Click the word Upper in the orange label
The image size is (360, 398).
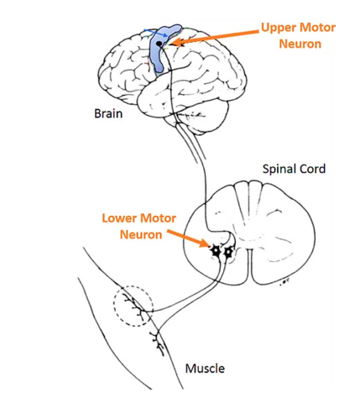click(x=279, y=29)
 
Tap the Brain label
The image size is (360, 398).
click(x=108, y=113)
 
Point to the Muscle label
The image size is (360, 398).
click(x=205, y=369)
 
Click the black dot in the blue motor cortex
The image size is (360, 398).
click(x=159, y=44)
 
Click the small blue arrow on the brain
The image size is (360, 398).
click(x=156, y=33)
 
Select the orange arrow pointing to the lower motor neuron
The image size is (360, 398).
click(x=188, y=238)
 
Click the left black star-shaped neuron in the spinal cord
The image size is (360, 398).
click(x=216, y=251)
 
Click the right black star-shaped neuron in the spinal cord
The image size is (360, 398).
click(x=228, y=252)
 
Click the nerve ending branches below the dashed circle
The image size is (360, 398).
click(x=158, y=343)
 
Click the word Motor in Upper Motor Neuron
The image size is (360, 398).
click(x=317, y=28)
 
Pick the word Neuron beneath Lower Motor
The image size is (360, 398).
click(x=141, y=235)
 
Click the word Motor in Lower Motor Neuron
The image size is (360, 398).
click(x=158, y=218)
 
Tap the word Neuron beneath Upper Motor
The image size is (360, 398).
click(x=300, y=44)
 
